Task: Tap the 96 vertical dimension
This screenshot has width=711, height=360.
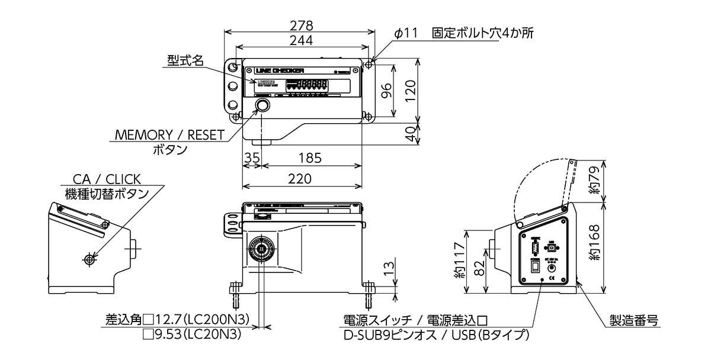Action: coord(386,91)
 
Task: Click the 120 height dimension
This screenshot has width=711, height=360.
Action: coord(409,91)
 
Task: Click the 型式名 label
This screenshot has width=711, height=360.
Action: coord(185,60)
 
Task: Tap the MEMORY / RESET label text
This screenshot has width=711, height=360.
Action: coord(169,135)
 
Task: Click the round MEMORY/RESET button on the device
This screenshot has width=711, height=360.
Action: coord(262,106)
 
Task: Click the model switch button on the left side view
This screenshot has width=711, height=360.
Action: coord(89,259)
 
